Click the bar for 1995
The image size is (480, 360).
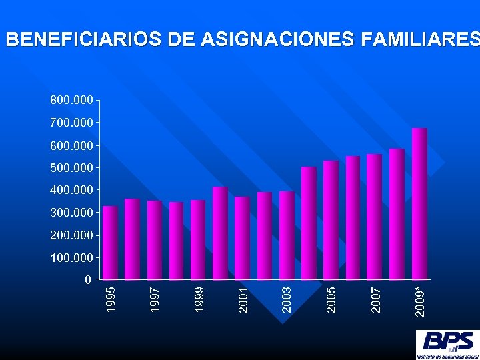[110, 243]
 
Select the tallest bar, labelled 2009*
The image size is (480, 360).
[419, 203]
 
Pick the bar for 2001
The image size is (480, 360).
[242, 238]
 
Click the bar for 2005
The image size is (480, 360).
[331, 220]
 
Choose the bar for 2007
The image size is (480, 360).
[375, 217]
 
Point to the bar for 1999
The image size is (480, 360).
[198, 239]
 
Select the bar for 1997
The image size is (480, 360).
[154, 240]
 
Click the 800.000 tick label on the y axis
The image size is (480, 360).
[71, 100]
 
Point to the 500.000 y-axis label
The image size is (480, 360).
[71, 167]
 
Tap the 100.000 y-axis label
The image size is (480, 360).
[71, 257]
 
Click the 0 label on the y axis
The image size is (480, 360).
[88, 280]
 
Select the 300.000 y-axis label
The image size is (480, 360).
[71, 212]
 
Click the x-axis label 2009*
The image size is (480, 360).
[419, 301]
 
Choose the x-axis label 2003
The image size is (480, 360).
[287, 299]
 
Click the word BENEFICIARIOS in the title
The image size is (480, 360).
[83, 40]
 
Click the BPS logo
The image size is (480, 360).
[447, 341]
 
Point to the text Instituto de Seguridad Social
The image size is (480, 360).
[447, 356]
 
